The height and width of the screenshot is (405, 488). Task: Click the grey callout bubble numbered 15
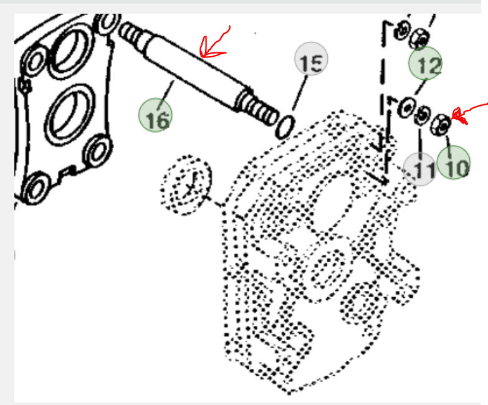tap(311, 59)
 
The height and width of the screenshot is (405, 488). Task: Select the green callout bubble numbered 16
tap(155, 115)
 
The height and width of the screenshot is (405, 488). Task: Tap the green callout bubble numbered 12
tap(426, 63)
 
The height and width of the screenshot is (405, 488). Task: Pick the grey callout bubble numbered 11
tap(420, 169)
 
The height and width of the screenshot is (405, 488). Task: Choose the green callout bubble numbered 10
tap(454, 163)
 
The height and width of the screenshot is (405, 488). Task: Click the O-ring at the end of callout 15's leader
tap(284, 127)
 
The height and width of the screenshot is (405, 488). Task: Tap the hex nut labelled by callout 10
tap(441, 125)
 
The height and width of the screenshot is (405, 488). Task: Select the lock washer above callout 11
tap(422, 116)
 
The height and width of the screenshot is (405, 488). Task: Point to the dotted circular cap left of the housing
tap(186, 185)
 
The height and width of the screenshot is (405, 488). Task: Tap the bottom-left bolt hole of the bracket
tap(36, 188)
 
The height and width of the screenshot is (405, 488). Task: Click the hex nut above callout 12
tap(419, 39)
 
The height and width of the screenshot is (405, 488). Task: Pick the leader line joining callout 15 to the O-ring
tap(299, 93)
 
